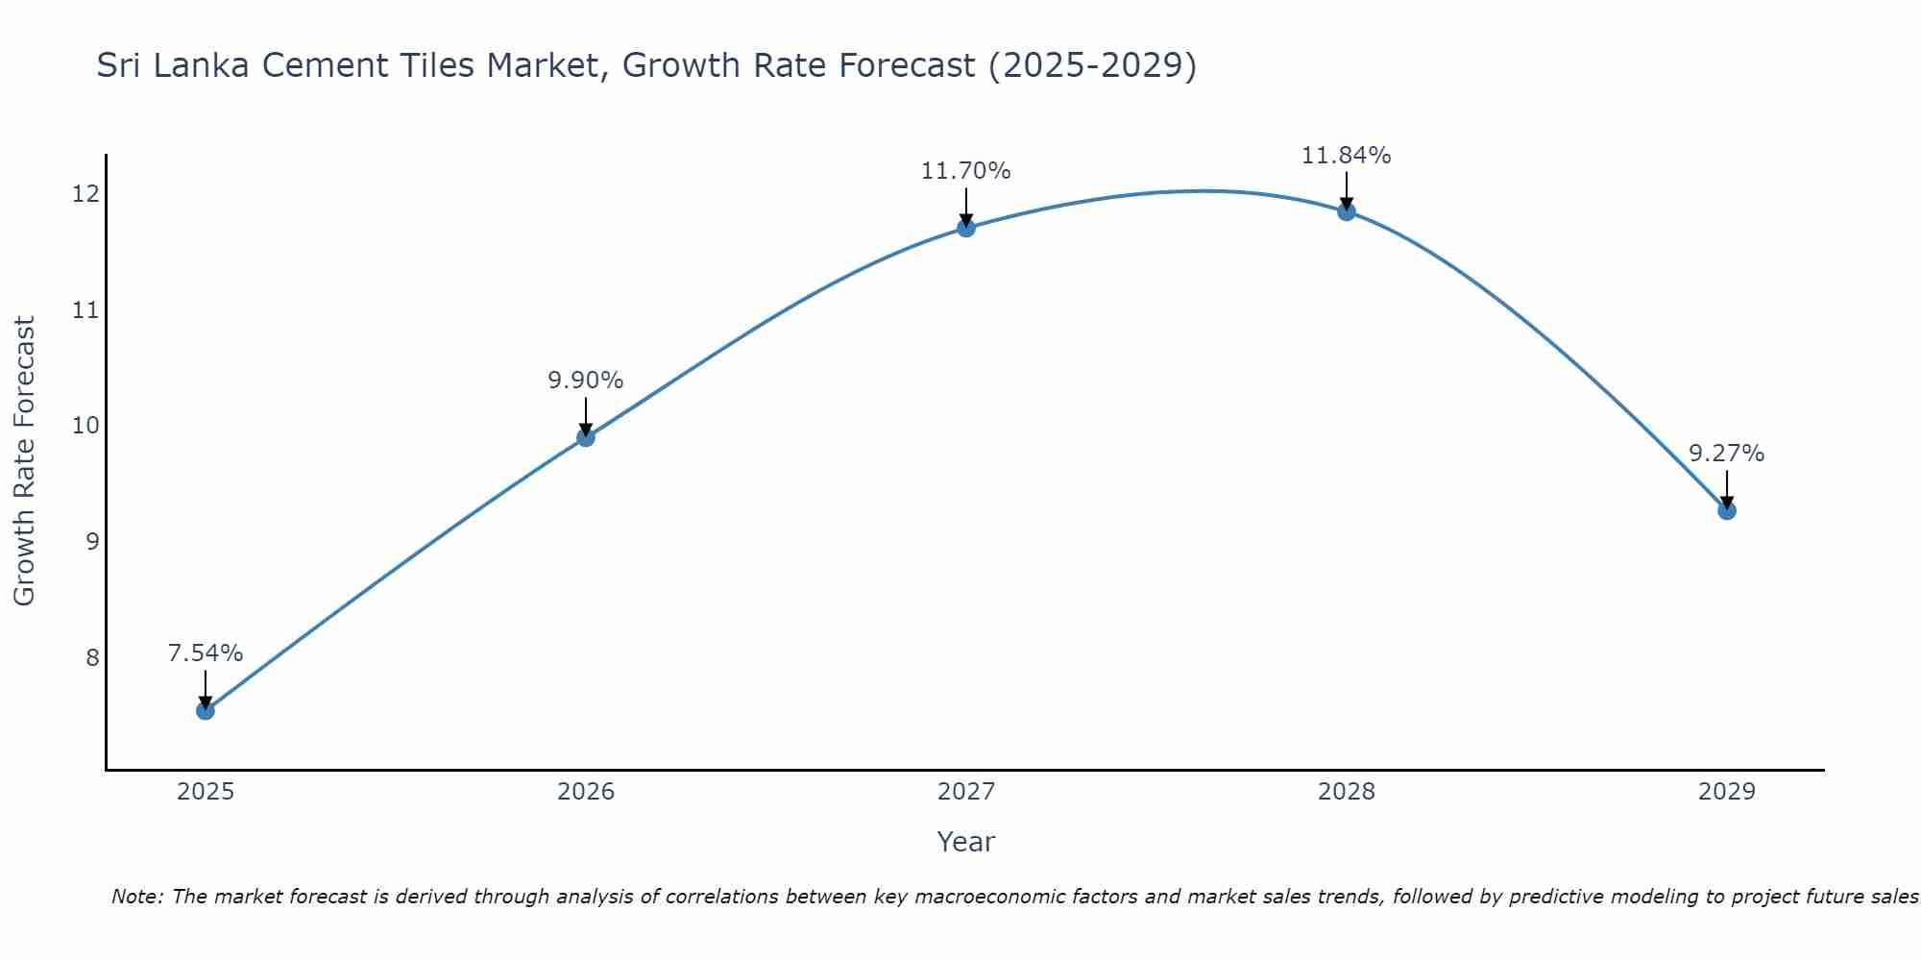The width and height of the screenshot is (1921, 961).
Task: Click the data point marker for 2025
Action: pyautogui.click(x=205, y=710)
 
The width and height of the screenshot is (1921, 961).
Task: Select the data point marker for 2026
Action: pyautogui.click(x=585, y=437)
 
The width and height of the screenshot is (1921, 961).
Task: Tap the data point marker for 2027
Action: pyautogui.click(x=965, y=228)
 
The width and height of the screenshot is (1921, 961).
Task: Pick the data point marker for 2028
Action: pyautogui.click(x=1346, y=211)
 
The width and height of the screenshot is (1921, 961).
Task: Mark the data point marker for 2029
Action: pyautogui.click(x=1726, y=510)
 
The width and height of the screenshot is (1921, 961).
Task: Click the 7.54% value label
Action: pyautogui.click(x=205, y=653)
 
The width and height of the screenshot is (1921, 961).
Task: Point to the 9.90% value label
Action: pyautogui.click(x=585, y=381)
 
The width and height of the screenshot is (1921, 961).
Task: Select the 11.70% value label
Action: pyautogui.click(x=965, y=171)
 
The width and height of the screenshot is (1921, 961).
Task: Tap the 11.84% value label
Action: pyautogui.click(x=1346, y=155)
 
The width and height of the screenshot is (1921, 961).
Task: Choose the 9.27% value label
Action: pyautogui.click(x=1726, y=454)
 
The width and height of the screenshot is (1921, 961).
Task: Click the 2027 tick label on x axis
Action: pyautogui.click(x=965, y=792)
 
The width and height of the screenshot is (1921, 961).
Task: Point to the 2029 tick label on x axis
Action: pyautogui.click(x=1726, y=792)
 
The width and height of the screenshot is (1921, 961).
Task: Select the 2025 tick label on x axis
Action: pyautogui.click(x=205, y=792)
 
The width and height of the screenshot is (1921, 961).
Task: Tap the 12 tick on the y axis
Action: pyautogui.click(x=85, y=194)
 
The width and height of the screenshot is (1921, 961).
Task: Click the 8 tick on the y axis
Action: pyautogui.click(x=92, y=658)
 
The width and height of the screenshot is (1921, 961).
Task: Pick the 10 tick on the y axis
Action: pyautogui.click(x=85, y=426)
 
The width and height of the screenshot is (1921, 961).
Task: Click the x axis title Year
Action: pyautogui.click(x=965, y=842)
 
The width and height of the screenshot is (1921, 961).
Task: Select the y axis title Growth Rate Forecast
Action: pyautogui.click(x=24, y=461)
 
